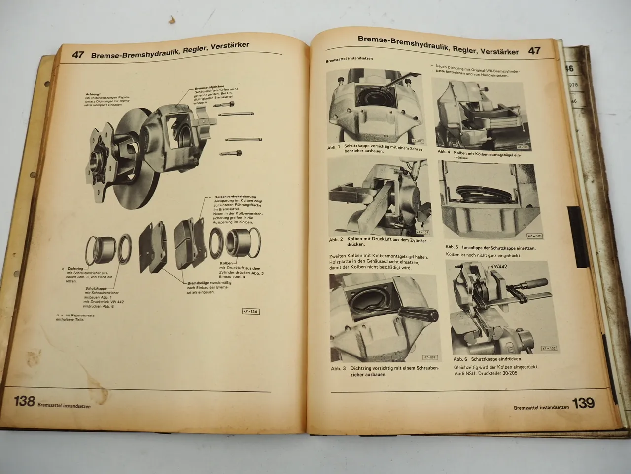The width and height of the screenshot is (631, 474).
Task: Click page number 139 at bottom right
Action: (x=583, y=403)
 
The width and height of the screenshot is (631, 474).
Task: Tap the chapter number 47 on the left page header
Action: (x=78, y=55)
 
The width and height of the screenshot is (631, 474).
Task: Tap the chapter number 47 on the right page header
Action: (x=534, y=50)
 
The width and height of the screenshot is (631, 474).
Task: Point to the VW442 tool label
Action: (x=498, y=267)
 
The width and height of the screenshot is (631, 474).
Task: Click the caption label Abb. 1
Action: (x=333, y=147)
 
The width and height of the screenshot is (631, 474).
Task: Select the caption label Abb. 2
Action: (x=336, y=239)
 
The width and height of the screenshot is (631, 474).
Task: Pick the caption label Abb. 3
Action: (x=338, y=368)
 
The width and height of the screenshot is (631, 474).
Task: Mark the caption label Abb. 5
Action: (x=452, y=247)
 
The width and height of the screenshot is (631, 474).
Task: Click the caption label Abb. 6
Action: (x=459, y=360)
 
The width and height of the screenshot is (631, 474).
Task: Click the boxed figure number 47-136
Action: (x=251, y=312)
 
